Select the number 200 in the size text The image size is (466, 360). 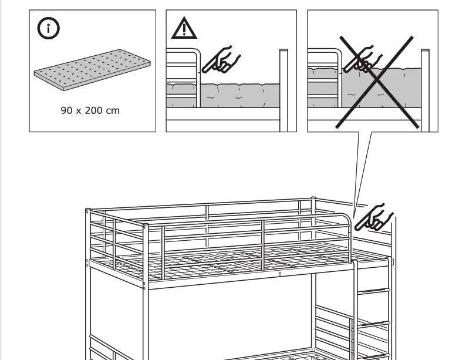point(93,110)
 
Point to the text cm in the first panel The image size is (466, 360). point(112,110)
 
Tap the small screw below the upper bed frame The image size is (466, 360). point(280,273)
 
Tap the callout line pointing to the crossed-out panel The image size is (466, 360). point(363,170)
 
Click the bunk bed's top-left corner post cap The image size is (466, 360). point(87,210)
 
